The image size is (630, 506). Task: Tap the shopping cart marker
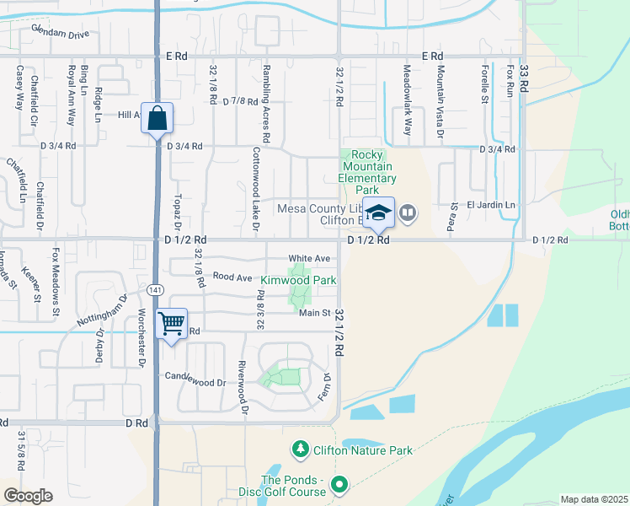coord(172,323)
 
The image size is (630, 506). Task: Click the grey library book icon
coord(408,213)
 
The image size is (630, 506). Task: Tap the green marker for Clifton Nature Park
coord(299,449)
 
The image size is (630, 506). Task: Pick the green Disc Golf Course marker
coord(339,484)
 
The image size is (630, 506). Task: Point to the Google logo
coord(28,495)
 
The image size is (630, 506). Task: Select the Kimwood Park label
coord(298,279)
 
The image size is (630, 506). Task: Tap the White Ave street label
coord(308,258)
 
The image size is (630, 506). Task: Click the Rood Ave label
coord(232,276)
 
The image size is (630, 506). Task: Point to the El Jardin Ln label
coord(491,204)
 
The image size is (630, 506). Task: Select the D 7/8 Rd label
coord(240,100)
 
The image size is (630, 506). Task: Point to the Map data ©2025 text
coord(593,499)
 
